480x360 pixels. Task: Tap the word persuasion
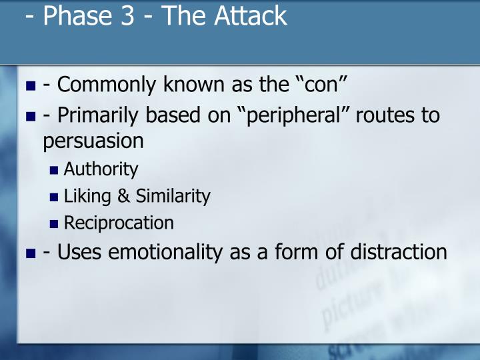[93, 141]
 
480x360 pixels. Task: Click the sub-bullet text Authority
[101, 169]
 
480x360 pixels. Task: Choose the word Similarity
[173, 196]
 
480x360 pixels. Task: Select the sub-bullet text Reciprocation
[119, 223]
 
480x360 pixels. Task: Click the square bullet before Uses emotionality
[31, 253]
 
